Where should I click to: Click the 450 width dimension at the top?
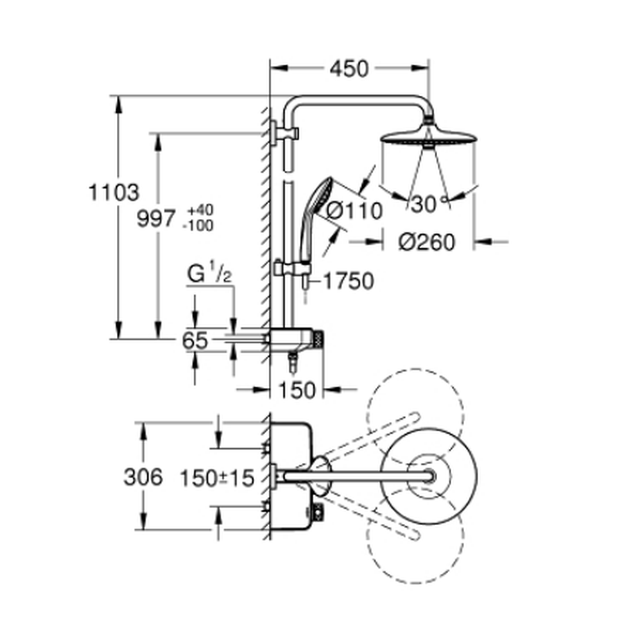(x=349, y=69)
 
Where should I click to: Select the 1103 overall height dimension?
(x=114, y=192)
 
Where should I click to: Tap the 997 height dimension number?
(x=156, y=218)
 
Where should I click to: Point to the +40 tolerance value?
(x=200, y=211)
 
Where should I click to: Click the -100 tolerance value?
(x=198, y=225)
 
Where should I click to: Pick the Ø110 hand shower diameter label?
(x=354, y=211)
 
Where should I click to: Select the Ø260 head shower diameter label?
(x=427, y=242)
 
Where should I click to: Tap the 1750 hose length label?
(x=349, y=281)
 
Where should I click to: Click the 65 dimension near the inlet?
(x=195, y=340)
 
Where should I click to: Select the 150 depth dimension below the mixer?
(x=297, y=390)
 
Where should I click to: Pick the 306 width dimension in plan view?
(x=143, y=477)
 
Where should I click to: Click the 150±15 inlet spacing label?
(x=217, y=478)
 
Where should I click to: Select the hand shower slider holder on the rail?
(x=292, y=268)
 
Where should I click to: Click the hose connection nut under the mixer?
(x=293, y=362)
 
